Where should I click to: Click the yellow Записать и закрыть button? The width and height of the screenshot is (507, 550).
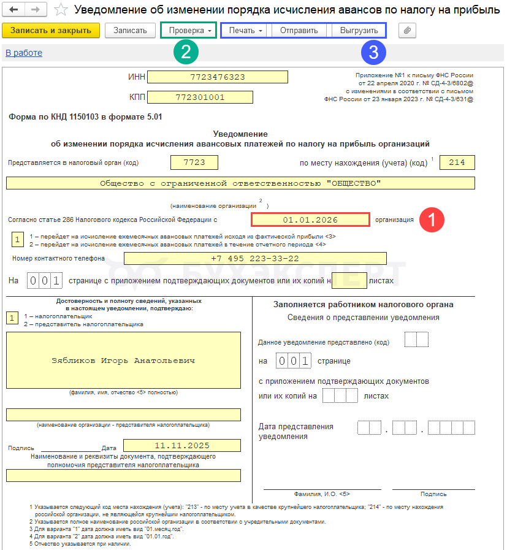tap(50, 31)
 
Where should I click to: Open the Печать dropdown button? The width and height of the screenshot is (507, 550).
tap(246, 31)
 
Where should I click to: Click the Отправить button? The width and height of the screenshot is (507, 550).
tap(299, 31)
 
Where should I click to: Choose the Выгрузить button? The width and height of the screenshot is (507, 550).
tap(358, 31)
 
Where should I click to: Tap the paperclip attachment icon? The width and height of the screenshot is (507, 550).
tap(407, 31)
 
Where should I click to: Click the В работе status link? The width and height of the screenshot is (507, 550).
tap(24, 53)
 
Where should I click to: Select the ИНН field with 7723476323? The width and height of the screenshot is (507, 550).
tap(218, 77)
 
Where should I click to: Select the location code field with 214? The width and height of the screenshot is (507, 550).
tap(457, 162)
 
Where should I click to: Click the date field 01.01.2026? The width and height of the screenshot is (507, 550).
tap(310, 220)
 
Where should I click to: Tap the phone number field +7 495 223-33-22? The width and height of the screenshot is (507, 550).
tap(254, 259)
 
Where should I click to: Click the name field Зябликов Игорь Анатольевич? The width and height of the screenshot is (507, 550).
tap(123, 361)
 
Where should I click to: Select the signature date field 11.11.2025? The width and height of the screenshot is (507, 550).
tap(181, 446)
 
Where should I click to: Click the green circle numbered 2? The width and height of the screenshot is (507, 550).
tap(186, 53)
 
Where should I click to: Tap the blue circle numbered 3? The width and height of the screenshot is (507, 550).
tap(373, 53)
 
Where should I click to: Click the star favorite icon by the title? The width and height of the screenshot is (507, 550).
tap(61, 10)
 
